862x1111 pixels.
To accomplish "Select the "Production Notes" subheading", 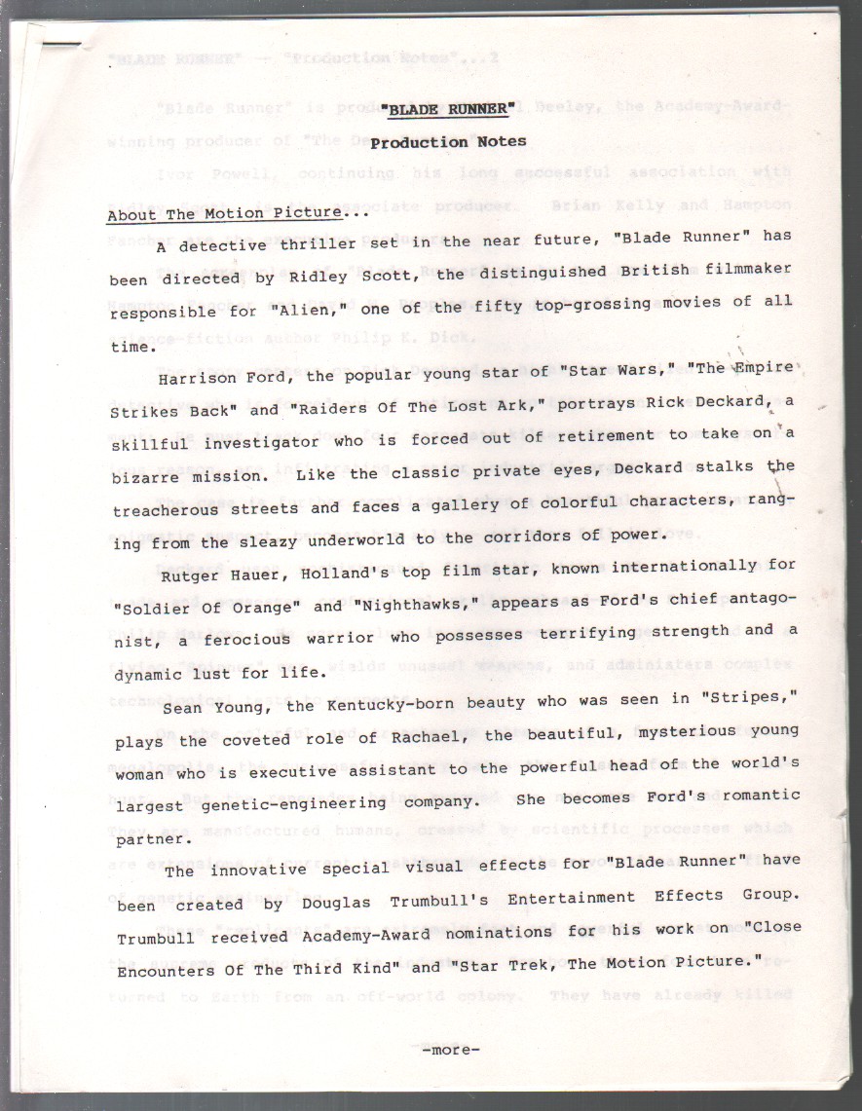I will point(448,142).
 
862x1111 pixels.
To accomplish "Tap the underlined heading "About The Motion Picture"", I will point(224,214).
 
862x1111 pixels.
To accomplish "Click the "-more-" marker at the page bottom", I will point(451,1049).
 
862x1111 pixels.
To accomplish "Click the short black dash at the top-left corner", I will point(60,43).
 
